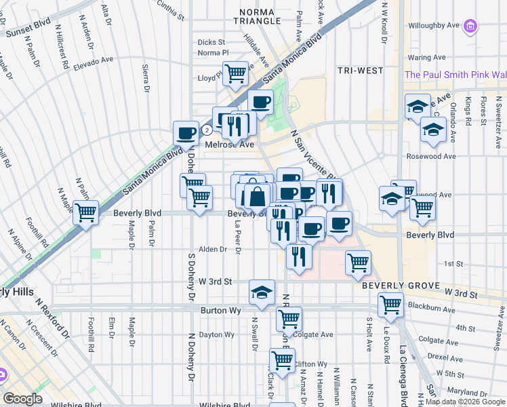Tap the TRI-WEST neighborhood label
(359, 71)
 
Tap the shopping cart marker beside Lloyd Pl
(235, 72)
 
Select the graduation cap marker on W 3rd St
(262, 291)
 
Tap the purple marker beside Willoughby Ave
(470, 26)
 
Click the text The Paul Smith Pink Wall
(455, 75)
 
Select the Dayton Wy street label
(217, 334)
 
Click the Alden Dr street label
(213, 250)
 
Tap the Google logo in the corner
(23, 399)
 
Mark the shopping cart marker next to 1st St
(357, 261)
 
